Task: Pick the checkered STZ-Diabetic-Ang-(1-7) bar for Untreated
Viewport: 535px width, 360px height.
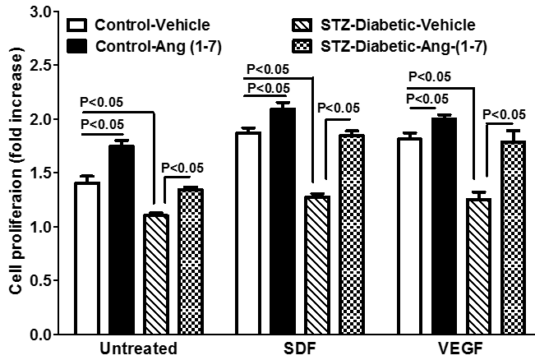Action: (191, 262)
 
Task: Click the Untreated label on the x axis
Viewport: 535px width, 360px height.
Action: (139, 348)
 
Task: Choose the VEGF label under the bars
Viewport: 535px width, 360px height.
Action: (461, 348)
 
